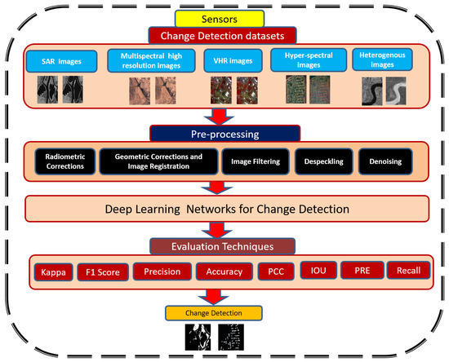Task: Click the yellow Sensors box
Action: pyautogui.click(x=223, y=16)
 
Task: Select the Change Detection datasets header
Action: pyautogui.click(x=223, y=35)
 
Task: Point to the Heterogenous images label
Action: pyautogui.click(x=384, y=61)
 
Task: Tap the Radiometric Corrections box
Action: pyautogui.click(x=64, y=161)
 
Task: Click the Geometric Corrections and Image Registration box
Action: pyautogui.click(x=158, y=161)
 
